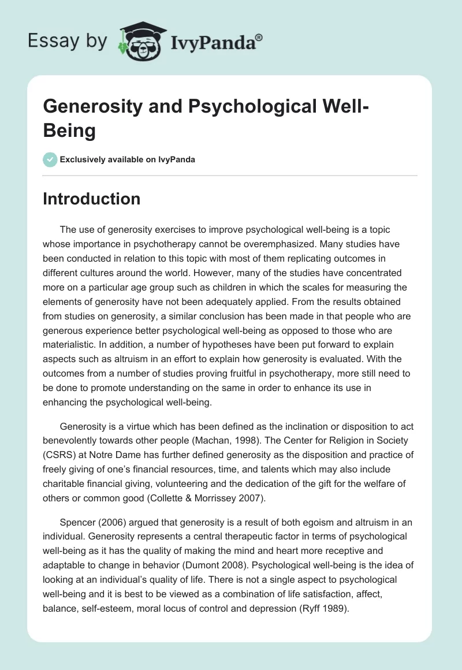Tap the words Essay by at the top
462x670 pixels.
coord(68,40)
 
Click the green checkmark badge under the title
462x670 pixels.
coord(50,159)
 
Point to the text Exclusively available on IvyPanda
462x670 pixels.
coord(128,159)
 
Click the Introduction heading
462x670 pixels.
coord(92,199)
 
